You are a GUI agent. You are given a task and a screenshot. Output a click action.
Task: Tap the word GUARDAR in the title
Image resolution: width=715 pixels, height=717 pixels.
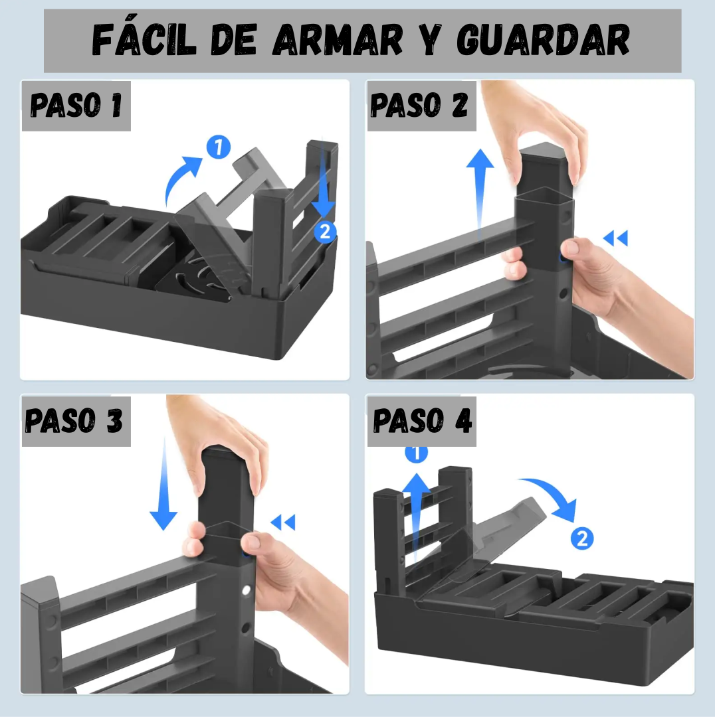[x=544, y=40]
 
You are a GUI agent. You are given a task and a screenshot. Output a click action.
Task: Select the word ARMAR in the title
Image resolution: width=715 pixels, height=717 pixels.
[x=338, y=40]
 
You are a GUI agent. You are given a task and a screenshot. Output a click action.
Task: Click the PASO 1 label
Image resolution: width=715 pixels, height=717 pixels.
[x=76, y=105]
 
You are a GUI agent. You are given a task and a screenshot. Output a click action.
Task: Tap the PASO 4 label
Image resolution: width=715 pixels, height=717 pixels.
[x=422, y=420]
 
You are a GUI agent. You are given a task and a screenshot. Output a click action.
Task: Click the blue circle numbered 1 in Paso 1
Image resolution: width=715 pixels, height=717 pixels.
[x=219, y=147]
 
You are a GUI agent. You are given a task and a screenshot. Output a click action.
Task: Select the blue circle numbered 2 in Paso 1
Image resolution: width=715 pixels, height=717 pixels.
[x=325, y=232]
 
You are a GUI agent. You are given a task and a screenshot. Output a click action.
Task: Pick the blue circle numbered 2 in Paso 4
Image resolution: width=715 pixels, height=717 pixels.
[x=582, y=538]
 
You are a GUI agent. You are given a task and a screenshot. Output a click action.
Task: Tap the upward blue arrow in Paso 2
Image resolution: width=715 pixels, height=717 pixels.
[x=480, y=192]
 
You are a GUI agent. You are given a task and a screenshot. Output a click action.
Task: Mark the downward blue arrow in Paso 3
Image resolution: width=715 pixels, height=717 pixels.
[x=163, y=484]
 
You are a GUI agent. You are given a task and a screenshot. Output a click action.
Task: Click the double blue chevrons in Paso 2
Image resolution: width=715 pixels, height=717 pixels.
[x=615, y=238]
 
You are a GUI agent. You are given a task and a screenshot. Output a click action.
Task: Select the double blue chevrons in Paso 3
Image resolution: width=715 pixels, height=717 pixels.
[x=283, y=522]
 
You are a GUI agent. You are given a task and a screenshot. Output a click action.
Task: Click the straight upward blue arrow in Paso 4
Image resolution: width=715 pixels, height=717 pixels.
[x=416, y=517]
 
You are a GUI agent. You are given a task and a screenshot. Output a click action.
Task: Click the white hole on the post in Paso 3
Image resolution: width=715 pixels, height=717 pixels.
[x=246, y=590]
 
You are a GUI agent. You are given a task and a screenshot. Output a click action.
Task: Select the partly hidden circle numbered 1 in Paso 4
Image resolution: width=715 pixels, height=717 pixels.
[x=416, y=454]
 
